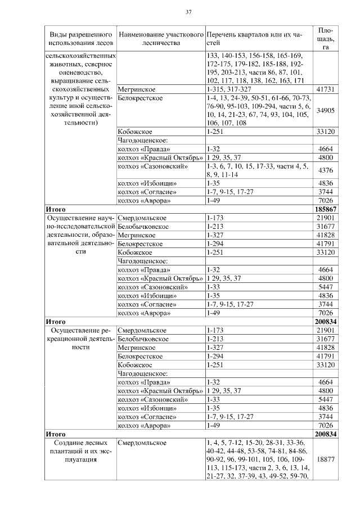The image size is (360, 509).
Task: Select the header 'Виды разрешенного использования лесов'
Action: tap(80, 39)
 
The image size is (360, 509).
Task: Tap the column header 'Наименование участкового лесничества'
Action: tap(161, 39)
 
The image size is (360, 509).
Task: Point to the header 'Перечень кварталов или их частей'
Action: tap(254, 39)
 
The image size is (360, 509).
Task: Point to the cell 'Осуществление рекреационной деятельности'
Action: tap(80, 339)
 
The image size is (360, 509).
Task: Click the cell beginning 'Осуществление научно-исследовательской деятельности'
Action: tap(80, 235)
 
